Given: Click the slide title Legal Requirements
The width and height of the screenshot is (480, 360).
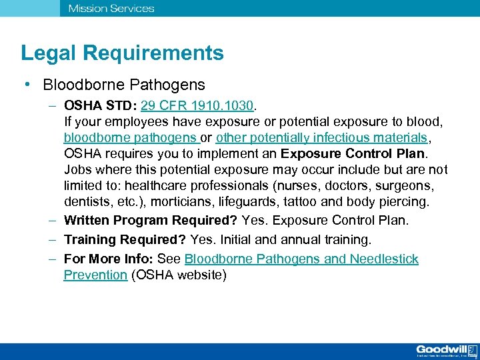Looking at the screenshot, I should (x=122, y=53).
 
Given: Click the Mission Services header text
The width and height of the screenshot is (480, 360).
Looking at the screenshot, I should (x=111, y=9).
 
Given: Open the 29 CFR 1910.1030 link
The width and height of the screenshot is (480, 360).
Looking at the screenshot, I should (x=197, y=105).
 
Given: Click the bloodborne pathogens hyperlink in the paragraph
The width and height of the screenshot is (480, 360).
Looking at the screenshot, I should (x=131, y=138).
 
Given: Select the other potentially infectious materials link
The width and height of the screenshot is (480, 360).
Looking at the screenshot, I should (x=321, y=138).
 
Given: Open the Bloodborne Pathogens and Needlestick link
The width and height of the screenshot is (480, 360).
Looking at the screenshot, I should (x=301, y=259).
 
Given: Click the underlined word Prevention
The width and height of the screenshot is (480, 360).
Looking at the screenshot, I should (x=95, y=275).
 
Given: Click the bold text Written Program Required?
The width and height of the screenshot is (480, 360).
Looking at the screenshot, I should (x=151, y=220).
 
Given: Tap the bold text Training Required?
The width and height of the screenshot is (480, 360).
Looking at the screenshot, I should (x=125, y=239).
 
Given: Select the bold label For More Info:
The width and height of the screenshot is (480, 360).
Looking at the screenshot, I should (x=109, y=259).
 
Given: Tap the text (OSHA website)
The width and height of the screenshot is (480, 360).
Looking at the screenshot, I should (x=179, y=275).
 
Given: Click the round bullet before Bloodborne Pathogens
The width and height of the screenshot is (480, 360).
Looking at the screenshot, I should (x=25, y=85).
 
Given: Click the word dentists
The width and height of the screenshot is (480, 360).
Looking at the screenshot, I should (x=86, y=201).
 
